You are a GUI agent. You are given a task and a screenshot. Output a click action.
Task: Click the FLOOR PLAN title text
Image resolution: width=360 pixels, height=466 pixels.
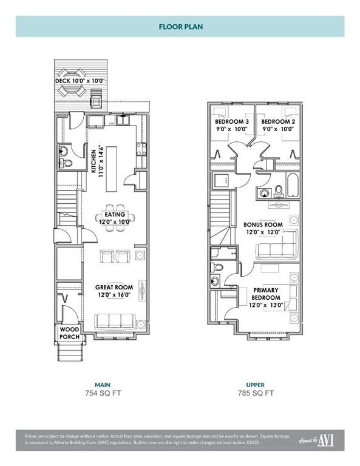pos(180,27)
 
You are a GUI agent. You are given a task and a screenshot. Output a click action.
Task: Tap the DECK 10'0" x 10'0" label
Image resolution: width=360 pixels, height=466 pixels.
pos(80,81)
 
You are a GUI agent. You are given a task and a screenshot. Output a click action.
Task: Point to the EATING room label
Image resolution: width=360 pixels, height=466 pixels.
pos(115,214)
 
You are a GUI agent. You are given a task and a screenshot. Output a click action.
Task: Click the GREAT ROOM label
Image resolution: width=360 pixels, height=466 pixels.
pos(114,288)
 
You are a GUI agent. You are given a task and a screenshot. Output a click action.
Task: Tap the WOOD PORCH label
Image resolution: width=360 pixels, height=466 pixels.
pos(70,334)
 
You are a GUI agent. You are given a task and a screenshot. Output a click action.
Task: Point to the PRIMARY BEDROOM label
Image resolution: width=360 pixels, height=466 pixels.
pos(266,294)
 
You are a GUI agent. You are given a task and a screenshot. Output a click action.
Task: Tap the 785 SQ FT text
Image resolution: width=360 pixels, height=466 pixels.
pos(255,393)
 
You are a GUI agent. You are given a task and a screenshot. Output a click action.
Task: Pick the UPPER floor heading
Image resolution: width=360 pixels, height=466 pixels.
pos(255,384)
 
